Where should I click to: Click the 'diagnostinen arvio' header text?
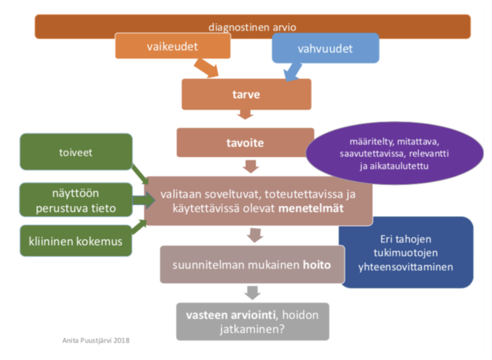tap(252, 27)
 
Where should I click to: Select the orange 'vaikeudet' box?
tap(172, 46)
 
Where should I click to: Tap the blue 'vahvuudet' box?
tap(325, 48)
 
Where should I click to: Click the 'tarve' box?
tap(246, 94)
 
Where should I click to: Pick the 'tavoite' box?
tap(245, 143)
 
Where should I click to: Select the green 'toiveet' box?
tap(76, 152)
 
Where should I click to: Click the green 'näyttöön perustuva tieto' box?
tap(76, 200)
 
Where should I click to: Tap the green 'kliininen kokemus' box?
tap(75, 241)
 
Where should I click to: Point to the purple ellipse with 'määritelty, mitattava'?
tap(394, 153)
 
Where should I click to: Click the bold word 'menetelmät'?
tap(311, 208)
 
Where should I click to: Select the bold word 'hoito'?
tap(317, 265)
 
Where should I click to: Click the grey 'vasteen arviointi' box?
tap(253, 322)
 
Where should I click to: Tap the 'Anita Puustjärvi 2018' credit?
tap(96, 340)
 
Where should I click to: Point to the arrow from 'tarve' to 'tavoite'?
tap(245, 114)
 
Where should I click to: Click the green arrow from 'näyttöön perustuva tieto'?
tap(143, 200)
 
